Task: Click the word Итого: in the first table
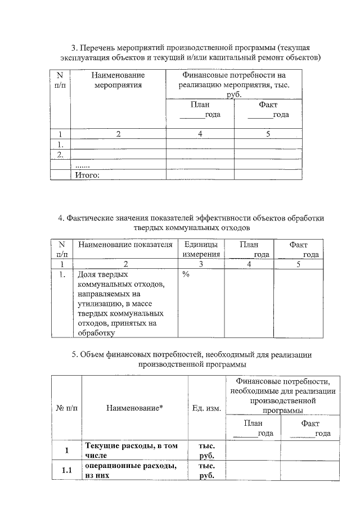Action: [x=87, y=175]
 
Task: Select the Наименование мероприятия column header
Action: [x=118, y=80]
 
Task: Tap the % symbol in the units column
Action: [x=185, y=274]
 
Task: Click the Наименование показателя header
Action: [x=125, y=245]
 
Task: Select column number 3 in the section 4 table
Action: [x=200, y=263]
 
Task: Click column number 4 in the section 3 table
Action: [x=200, y=134]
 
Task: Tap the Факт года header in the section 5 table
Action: [x=310, y=427]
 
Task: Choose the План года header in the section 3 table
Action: [x=200, y=110]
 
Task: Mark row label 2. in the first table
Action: [x=60, y=154]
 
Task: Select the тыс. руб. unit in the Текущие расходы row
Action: [x=206, y=450]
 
